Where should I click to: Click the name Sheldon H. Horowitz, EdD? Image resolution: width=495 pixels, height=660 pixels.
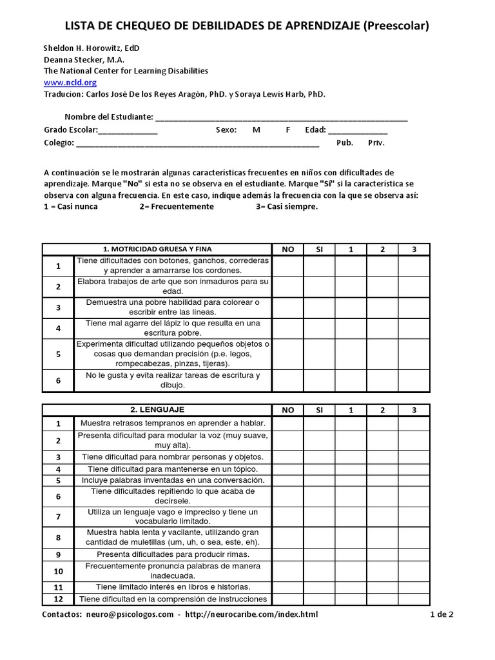click(x=91, y=48)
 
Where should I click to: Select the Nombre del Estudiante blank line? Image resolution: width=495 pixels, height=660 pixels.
click(x=281, y=117)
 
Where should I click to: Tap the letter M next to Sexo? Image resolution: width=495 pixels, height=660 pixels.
click(x=257, y=130)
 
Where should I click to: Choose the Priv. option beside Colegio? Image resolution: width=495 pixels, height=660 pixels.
click(x=376, y=142)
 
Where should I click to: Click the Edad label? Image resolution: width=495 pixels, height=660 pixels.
click(x=315, y=130)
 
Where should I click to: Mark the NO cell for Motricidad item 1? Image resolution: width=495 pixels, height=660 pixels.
click(x=287, y=265)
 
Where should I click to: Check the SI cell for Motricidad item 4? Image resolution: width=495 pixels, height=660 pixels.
click(x=319, y=327)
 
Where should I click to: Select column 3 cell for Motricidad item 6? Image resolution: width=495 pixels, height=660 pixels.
click(x=414, y=380)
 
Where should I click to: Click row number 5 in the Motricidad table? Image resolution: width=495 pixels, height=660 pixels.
click(x=58, y=354)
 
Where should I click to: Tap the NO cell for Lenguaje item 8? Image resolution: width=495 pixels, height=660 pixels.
click(x=287, y=537)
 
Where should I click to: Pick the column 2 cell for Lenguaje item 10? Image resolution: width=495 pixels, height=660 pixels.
click(x=382, y=570)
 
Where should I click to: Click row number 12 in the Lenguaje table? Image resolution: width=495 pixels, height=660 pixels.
click(x=58, y=599)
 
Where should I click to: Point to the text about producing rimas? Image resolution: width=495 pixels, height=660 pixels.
click(x=172, y=554)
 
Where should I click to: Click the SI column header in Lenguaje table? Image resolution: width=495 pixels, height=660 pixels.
click(x=319, y=409)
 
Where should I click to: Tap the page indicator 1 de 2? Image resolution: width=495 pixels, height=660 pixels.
click(x=442, y=614)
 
